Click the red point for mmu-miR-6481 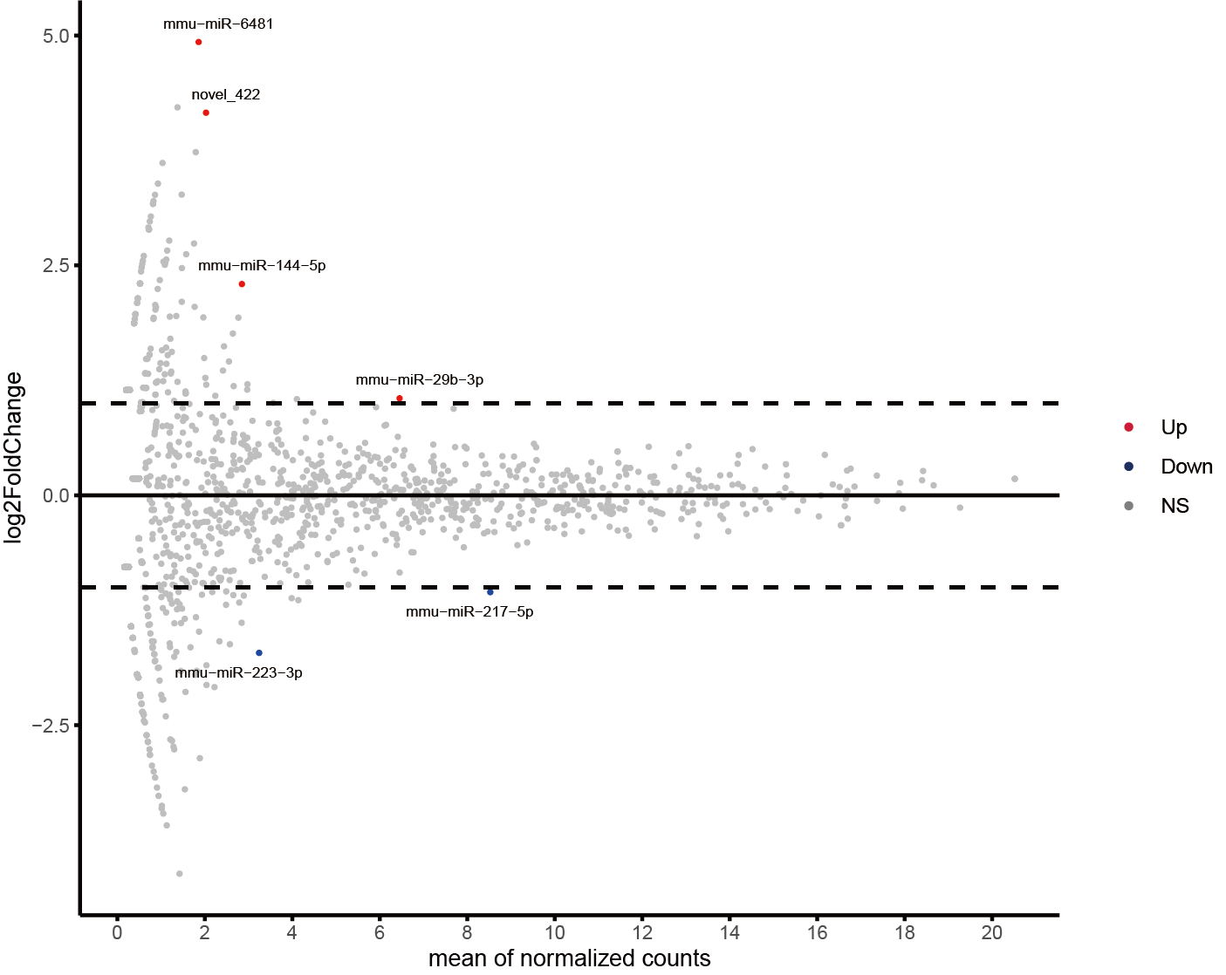click(199, 42)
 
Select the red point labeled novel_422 click(206, 112)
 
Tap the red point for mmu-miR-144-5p click(242, 284)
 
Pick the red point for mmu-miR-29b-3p click(400, 399)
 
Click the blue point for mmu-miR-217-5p click(490, 592)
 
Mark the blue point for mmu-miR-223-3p click(259, 653)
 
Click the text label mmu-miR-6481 click(218, 24)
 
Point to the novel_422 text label click(226, 95)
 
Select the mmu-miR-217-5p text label click(469, 612)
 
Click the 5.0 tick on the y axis click(56, 36)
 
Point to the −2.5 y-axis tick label click(51, 726)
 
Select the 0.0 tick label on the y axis click(56, 495)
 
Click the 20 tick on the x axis click(992, 932)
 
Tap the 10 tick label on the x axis click(555, 932)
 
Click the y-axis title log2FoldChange click(14, 458)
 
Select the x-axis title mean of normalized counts click(569, 958)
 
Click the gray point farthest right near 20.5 click(1015, 479)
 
